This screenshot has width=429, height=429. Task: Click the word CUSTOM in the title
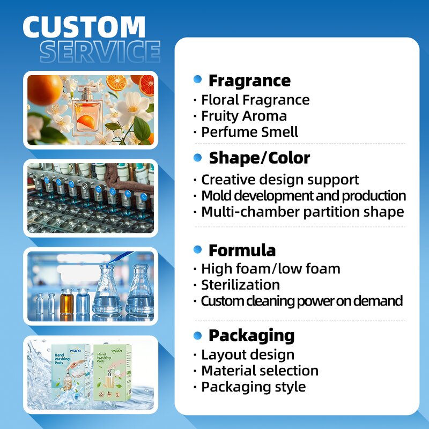coord(84,28)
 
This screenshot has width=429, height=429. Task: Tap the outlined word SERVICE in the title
coord(100,52)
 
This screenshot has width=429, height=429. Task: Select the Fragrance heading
coord(249,81)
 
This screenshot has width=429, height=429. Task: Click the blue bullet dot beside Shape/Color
coord(197,158)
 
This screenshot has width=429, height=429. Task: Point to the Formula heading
coord(242,250)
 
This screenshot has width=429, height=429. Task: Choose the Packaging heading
coord(252,336)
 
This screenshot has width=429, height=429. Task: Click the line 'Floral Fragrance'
coord(255,100)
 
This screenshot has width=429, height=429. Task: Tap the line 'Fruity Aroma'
coord(243,116)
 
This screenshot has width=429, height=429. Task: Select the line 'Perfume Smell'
coord(249,132)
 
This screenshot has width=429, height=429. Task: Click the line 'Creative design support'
coord(279,180)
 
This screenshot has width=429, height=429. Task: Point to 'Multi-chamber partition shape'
coord(302,212)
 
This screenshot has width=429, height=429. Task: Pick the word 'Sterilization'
coord(240,285)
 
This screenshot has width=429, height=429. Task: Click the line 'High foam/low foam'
coord(270,269)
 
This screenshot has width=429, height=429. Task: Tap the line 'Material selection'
coord(260,371)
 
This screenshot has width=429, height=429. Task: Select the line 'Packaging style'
coord(253,387)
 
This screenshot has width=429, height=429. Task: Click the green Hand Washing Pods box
coord(112,371)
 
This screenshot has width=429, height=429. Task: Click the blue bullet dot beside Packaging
coord(197,336)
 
